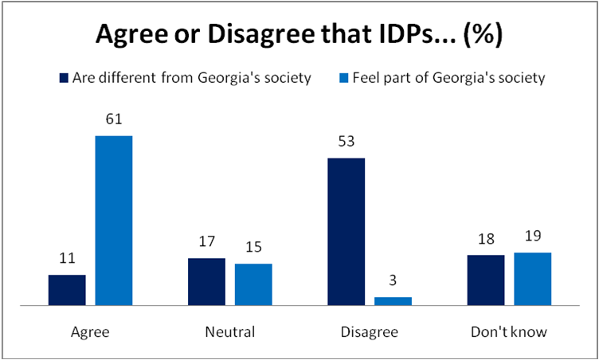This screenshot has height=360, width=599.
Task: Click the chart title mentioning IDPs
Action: (x=299, y=35)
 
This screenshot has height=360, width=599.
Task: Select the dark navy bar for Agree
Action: (x=67, y=290)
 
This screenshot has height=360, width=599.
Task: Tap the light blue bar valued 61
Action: (x=114, y=221)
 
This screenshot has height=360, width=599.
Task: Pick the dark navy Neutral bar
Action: (x=206, y=282)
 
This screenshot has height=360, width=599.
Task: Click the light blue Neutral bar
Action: (x=253, y=284)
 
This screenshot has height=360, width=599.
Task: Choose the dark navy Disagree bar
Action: (x=346, y=232)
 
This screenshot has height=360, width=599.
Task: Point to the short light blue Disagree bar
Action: (x=393, y=301)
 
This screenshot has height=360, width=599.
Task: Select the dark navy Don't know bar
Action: (x=485, y=280)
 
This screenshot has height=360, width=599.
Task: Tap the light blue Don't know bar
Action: (x=532, y=279)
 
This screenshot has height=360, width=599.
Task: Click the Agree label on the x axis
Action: (x=90, y=332)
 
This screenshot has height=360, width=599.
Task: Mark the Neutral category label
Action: (x=230, y=332)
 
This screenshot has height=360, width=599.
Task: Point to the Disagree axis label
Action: (x=370, y=332)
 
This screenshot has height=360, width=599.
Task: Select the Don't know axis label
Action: (x=509, y=332)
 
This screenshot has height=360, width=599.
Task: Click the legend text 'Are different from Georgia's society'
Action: (x=191, y=78)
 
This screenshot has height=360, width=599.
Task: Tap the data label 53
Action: (x=346, y=143)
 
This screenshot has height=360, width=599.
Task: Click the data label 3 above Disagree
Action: (x=393, y=282)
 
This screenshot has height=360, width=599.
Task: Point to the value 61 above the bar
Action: (x=114, y=120)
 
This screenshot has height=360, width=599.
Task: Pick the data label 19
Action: (x=532, y=237)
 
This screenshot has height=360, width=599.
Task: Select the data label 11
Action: (x=67, y=260)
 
